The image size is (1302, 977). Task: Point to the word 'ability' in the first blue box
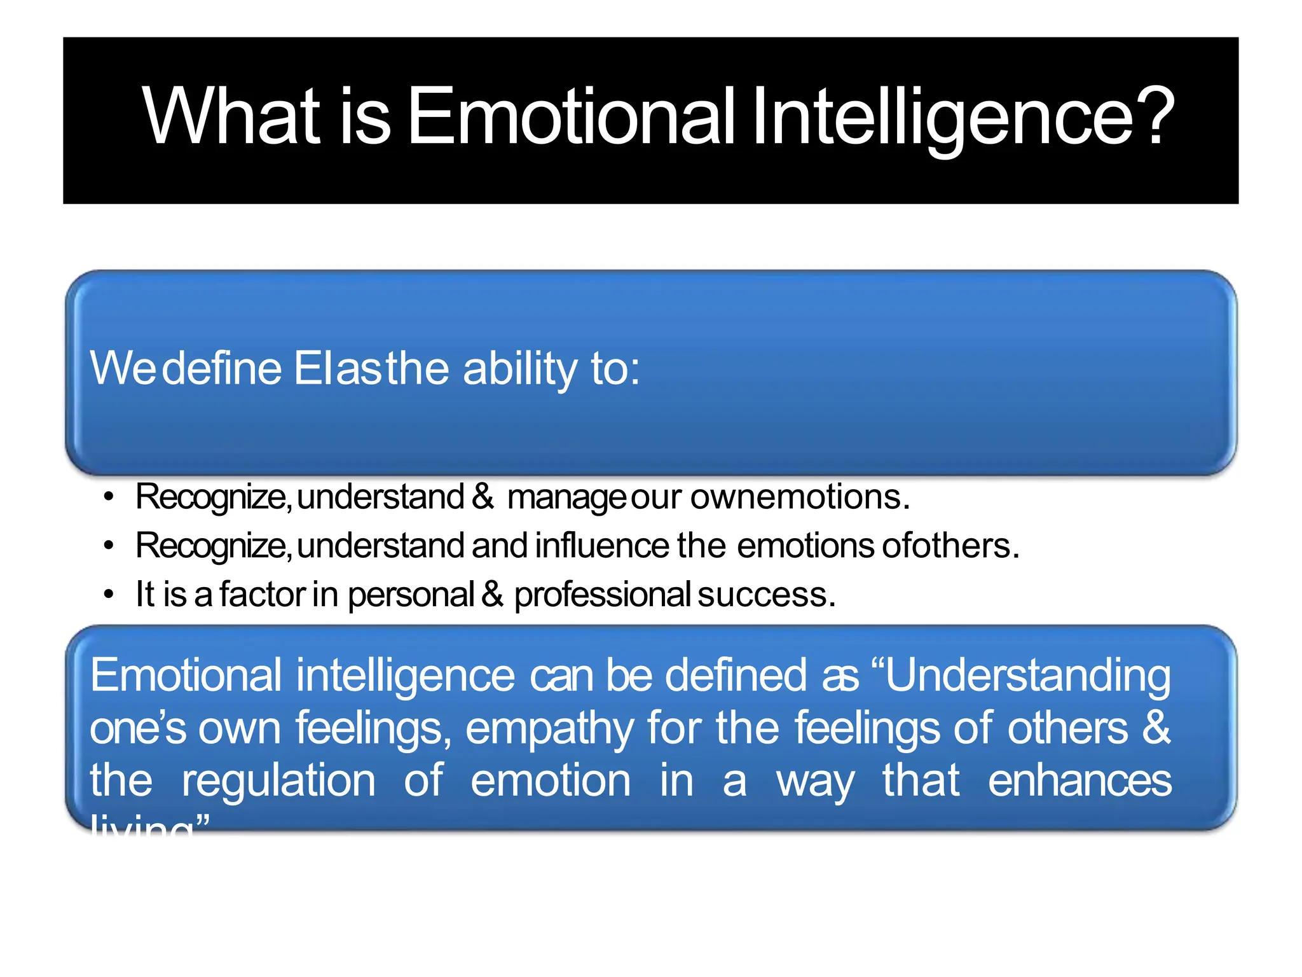coord(519,369)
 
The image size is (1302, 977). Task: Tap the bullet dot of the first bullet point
coord(109,496)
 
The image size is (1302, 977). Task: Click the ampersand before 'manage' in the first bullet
coord(483,496)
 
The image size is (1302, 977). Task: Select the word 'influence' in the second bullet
coord(602,545)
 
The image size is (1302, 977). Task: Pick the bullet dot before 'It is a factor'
coord(109,594)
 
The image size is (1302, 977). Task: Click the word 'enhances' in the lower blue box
coord(1079,781)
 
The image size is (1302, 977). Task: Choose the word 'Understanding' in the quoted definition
coord(1027,676)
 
